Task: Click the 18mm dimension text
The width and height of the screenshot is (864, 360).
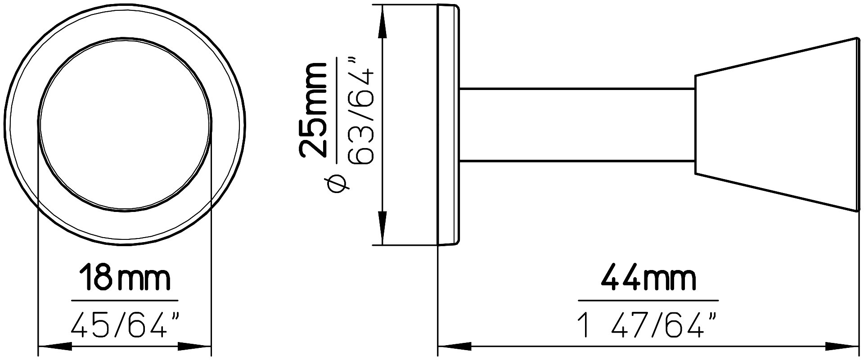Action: tap(125, 279)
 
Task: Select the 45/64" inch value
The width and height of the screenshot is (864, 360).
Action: tap(125, 324)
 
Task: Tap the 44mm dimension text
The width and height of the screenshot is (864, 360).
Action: tap(648, 279)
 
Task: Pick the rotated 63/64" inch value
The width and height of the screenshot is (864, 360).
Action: tap(362, 110)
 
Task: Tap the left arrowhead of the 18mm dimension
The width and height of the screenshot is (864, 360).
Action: tap(54, 346)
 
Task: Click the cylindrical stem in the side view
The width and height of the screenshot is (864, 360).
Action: tap(576, 125)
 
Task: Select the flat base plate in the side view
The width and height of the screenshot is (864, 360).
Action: tap(448, 125)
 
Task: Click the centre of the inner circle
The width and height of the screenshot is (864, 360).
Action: tap(125, 125)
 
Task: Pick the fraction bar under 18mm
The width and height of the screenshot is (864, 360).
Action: tap(125, 300)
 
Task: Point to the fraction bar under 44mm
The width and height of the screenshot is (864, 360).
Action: tap(648, 300)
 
